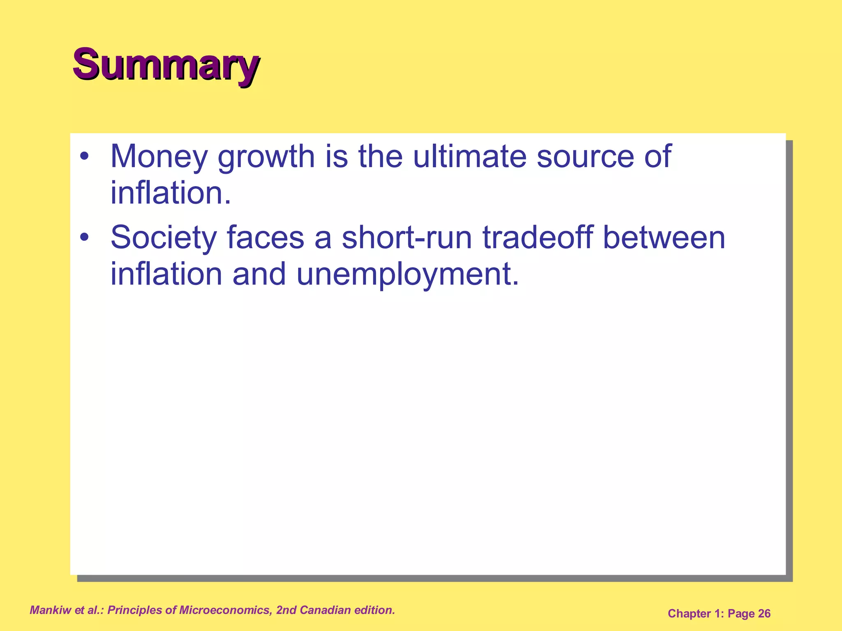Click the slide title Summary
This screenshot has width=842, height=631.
[x=166, y=64]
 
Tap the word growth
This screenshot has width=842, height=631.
[x=266, y=157]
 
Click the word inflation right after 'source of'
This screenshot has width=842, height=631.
[x=171, y=193]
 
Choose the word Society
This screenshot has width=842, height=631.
[x=163, y=238]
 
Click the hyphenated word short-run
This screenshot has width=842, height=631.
[x=407, y=238]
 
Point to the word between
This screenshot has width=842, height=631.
[x=664, y=238]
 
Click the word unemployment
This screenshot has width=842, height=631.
[x=407, y=274]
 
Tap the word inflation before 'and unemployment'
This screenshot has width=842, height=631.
[x=166, y=274]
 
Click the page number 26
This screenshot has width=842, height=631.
[x=764, y=614]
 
